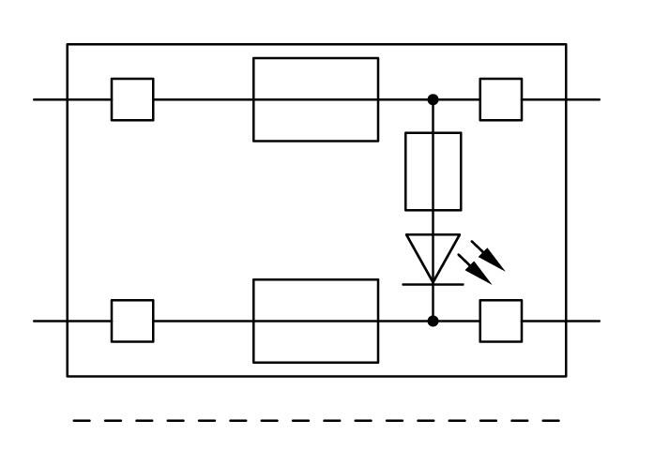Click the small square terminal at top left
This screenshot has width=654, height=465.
coord(132,99)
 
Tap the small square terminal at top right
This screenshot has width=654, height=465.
coord(501,99)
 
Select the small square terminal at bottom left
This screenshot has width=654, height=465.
coord(132,321)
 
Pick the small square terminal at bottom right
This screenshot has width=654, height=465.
coord(501,321)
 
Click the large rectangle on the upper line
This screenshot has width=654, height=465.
coord(315,99)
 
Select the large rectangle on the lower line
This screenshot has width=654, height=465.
coord(315,321)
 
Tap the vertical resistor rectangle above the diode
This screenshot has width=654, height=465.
coord(433,171)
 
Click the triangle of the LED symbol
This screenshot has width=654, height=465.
coord(433,253)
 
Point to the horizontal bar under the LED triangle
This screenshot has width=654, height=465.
coord(433,283)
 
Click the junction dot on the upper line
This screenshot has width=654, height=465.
coord(433,99)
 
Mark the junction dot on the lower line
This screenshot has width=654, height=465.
coord(433,321)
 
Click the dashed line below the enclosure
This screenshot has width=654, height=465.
coord(317,422)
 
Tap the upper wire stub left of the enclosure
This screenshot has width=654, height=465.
coord(51,99)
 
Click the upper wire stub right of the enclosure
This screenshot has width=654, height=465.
coord(583,99)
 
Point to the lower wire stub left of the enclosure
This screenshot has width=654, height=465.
coord(51,321)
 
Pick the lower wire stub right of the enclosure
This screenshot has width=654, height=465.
coord(583,321)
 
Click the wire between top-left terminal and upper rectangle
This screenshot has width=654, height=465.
coord(203,99)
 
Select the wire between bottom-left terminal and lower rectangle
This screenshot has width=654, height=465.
coord(203,321)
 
